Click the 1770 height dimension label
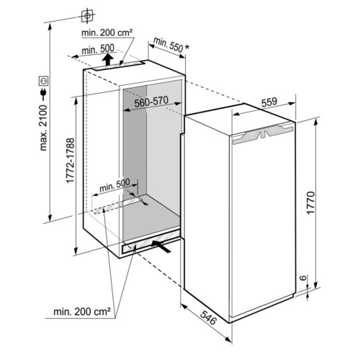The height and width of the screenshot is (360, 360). point(310,202)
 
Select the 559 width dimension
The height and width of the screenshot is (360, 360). point(269,102)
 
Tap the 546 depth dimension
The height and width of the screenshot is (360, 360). point(208,318)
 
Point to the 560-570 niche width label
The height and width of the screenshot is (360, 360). point(151,102)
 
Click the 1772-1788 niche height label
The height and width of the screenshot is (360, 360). point(70,161)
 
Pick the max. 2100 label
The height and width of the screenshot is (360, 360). point(43,128)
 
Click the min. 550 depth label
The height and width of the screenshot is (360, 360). point(168,45)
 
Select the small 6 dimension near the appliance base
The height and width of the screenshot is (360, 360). point(303,278)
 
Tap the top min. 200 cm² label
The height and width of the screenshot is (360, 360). point(107,32)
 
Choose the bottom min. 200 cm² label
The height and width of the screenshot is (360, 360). point(82,312)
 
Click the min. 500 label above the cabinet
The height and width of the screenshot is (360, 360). point(98,50)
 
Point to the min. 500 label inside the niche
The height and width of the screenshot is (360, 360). point(114,185)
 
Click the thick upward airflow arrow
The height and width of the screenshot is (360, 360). point(108,59)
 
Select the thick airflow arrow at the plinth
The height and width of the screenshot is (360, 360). point(161,246)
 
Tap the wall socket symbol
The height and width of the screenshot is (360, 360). point(44,81)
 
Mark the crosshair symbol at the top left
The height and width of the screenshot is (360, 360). point(87,16)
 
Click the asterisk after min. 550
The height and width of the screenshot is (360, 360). point(186,48)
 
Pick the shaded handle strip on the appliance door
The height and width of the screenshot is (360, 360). point(262,135)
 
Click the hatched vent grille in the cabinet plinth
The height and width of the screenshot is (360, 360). point(151,242)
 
